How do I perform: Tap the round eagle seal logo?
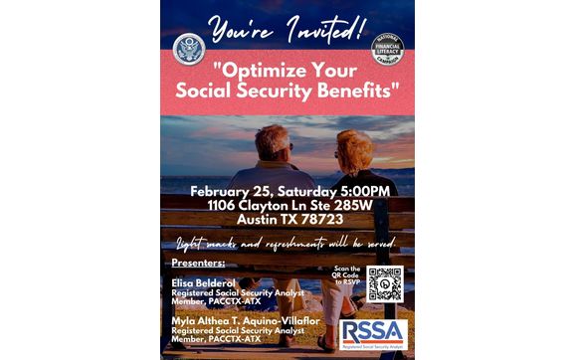click(188, 49)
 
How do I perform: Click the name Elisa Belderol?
click(202, 282)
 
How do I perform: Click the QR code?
click(384, 283)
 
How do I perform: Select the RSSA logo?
click(372, 334)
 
